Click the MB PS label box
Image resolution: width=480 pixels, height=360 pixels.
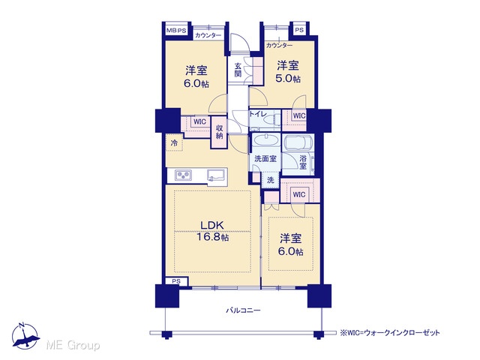tap(177, 31)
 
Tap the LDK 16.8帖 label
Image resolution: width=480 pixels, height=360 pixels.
tap(213, 230)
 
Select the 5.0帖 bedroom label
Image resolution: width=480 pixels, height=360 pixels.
tap(288, 72)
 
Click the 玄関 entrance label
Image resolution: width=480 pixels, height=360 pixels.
tap(238, 70)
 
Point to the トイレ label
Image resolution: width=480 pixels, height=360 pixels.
tap(258, 114)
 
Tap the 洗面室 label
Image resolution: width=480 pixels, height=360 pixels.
tap(265, 158)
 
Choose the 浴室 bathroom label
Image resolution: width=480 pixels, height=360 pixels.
tap(303, 162)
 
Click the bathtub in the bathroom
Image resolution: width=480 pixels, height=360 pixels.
tap(298, 142)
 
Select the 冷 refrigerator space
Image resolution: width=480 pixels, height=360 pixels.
tap(174, 142)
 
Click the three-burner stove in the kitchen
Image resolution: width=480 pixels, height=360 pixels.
tap(183, 175)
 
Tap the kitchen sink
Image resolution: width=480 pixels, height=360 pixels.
tap(216, 175)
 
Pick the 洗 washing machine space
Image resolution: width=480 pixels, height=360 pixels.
tap(270, 180)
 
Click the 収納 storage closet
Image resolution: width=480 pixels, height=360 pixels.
tap(219, 132)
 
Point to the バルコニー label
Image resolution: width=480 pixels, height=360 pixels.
tap(243, 310)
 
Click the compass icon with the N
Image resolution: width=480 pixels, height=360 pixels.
tap(25, 336)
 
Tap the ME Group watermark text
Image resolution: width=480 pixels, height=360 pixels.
tap(73, 345)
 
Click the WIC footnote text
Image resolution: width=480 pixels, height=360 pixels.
tap(390, 332)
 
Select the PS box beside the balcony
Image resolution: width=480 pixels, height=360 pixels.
tap(176, 281)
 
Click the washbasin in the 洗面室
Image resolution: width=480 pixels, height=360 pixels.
tap(265, 141)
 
